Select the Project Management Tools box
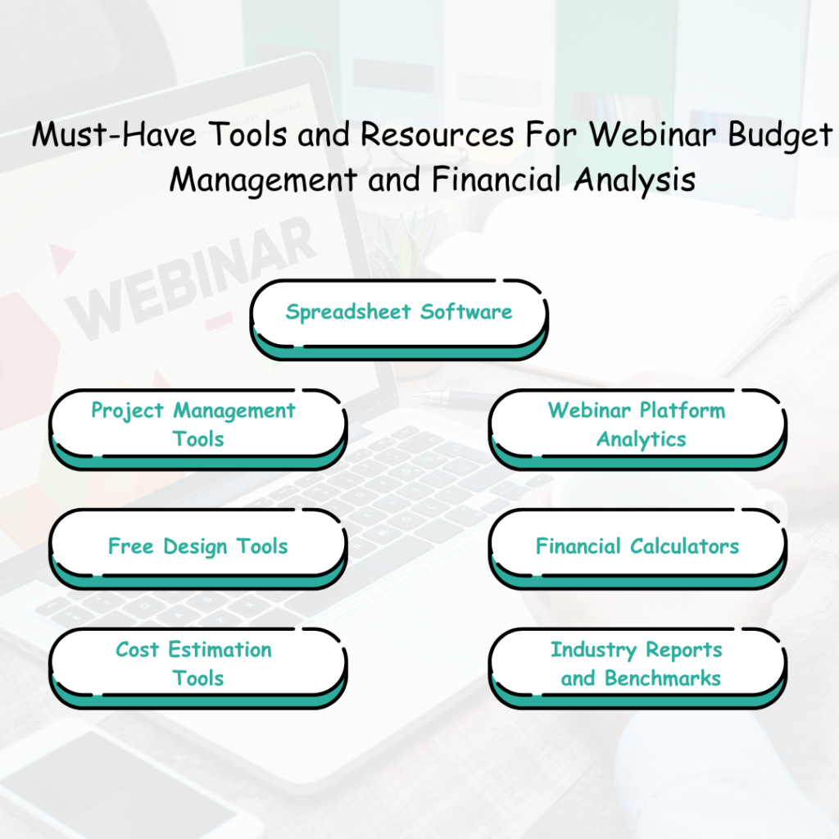(197, 424)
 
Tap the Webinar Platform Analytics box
(637, 424)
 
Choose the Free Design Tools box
(197, 546)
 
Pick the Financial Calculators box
(637, 546)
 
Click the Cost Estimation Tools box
(197, 664)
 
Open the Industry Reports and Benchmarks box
(637, 664)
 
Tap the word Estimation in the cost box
(220, 650)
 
